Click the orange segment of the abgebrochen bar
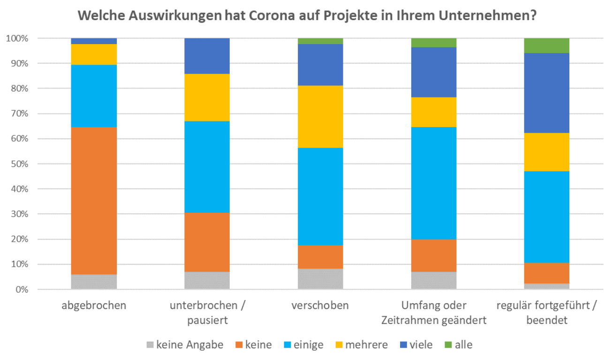(x=94, y=201)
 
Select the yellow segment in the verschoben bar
(x=320, y=117)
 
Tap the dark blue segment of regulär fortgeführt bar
(x=546, y=93)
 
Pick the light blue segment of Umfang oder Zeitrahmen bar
(x=433, y=183)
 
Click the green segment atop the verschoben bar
(x=320, y=41)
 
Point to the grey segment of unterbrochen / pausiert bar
(x=207, y=280)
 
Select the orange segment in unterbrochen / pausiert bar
(x=207, y=242)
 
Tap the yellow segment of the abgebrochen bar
(x=94, y=54)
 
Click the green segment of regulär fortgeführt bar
(x=546, y=45)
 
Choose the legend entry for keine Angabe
(x=185, y=345)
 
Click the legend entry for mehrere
(x=361, y=345)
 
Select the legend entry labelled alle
(x=458, y=345)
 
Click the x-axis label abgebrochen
(x=94, y=306)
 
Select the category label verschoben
(x=320, y=306)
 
